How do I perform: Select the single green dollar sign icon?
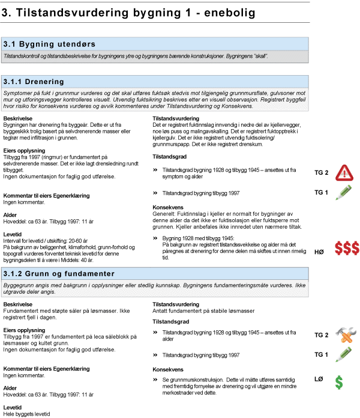click(339, 381)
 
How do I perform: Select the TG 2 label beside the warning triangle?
click(322, 173)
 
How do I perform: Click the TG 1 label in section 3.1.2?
click(322, 354)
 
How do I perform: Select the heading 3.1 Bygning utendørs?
click(49, 44)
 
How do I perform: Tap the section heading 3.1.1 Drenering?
click(42, 81)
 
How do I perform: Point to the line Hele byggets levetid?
click(27, 414)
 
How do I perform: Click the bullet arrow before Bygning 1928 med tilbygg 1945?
click(155, 238)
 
